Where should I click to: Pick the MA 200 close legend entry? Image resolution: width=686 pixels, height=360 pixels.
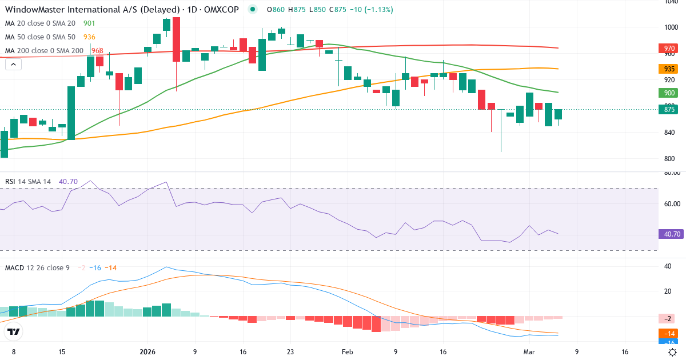point(45,51)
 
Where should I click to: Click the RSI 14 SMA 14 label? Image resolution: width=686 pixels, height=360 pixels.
point(28,181)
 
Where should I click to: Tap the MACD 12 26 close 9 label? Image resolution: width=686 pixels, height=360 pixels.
point(38,267)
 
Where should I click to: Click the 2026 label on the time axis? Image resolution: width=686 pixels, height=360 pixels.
point(147,352)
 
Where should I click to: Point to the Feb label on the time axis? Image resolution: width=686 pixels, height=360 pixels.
point(348,352)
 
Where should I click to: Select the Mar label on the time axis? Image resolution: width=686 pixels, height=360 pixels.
point(529,352)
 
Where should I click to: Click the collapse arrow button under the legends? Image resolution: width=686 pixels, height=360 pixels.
point(13,65)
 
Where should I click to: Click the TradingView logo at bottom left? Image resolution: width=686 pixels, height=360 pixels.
point(14,331)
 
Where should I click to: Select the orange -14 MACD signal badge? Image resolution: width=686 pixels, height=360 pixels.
point(667,333)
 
